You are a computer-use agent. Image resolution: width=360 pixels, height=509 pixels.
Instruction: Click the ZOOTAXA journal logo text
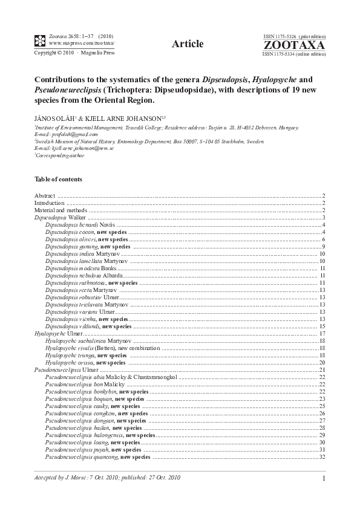tap(294, 45)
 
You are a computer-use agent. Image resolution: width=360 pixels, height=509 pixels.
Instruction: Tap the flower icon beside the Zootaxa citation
tap(39, 41)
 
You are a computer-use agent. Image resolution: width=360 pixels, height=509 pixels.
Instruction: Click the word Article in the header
tap(187, 43)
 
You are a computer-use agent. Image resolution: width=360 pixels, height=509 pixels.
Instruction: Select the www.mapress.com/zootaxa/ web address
tap(81, 44)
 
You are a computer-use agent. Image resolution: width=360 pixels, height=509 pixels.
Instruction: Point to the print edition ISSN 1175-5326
tap(293, 37)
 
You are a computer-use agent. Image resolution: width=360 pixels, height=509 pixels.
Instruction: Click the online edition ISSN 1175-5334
tap(294, 54)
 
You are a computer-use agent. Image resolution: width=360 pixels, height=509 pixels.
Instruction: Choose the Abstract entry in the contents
tap(45, 196)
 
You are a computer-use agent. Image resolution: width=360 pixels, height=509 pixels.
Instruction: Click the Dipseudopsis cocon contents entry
tap(76, 232)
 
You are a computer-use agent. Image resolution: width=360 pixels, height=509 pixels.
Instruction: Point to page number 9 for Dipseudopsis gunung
tap(324, 247)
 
